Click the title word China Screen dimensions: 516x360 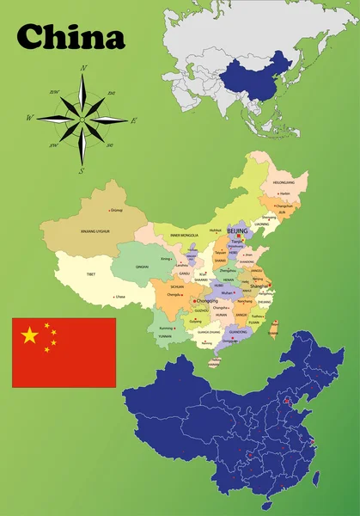(x=71, y=36)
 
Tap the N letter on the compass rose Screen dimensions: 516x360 (x=83, y=67)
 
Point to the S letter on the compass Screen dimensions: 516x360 (x=81, y=170)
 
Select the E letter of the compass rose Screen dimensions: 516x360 (x=133, y=120)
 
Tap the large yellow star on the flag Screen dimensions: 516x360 (x=30, y=335)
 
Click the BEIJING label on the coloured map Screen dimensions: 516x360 (x=236, y=231)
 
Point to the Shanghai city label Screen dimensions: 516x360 (x=262, y=287)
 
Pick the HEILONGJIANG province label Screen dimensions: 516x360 (x=283, y=183)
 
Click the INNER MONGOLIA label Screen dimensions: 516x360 (x=184, y=234)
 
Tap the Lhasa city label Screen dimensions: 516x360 (x=119, y=297)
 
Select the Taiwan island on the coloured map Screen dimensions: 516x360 (x=275, y=328)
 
